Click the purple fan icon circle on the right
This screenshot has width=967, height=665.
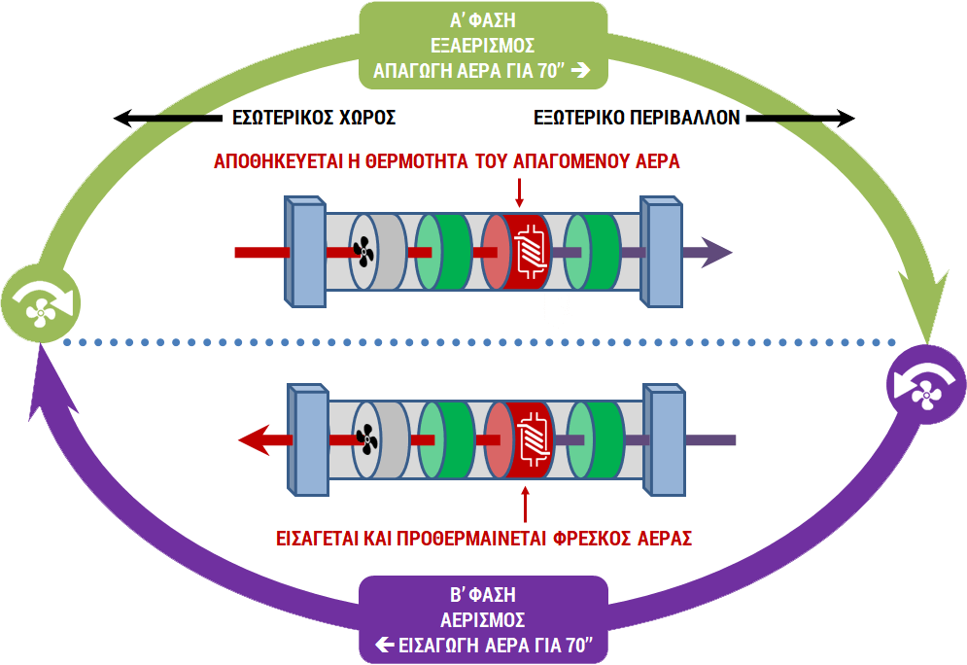[925, 385]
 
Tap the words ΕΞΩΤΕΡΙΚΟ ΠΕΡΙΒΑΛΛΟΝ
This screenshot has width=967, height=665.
[638, 119]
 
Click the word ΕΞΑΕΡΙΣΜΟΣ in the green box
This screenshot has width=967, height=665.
[483, 45]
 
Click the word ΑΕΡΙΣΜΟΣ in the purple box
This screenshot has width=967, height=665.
[483, 619]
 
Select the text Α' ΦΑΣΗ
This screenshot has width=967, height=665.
[483, 20]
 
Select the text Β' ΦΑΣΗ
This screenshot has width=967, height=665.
[483, 595]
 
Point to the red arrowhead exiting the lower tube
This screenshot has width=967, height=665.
[255, 441]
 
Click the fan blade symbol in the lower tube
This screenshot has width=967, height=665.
[366, 440]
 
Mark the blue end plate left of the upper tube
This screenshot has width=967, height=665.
[304, 252]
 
